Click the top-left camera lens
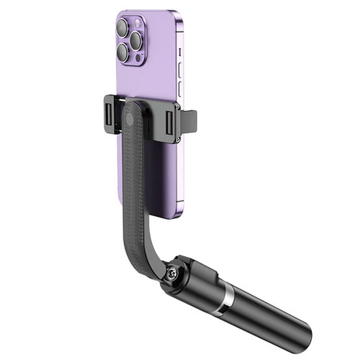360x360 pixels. click(x=122, y=28)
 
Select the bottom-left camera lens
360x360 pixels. click(x=123, y=53)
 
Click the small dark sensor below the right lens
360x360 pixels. click(x=137, y=57)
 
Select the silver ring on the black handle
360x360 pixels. click(x=229, y=294)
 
